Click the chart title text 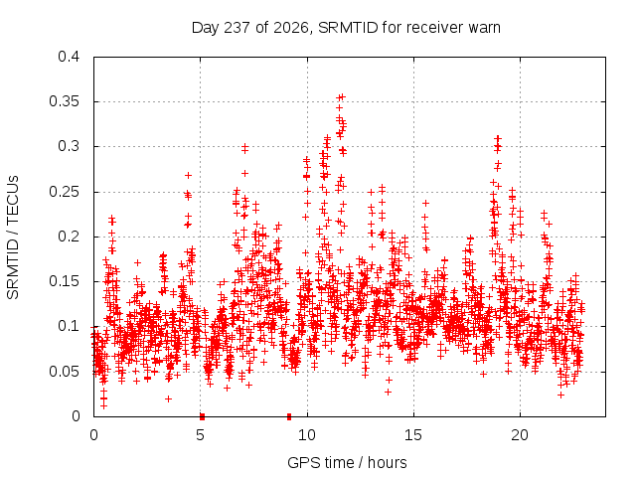(346, 28)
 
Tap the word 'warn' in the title (484, 28)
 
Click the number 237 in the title (238, 28)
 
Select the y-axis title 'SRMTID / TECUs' (13, 238)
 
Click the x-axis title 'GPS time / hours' (347, 462)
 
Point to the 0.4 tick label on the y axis (69, 57)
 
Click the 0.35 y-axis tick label (64, 101)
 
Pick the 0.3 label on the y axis (69, 146)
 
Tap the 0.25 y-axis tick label (64, 191)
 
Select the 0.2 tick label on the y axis (69, 237)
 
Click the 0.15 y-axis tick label (64, 281)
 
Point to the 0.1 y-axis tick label (69, 326)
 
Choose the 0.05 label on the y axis (64, 371)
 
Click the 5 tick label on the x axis (200, 435)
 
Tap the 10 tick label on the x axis (307, 435)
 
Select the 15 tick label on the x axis (413, 435)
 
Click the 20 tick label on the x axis (520, 435)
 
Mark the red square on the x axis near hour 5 (202, 416)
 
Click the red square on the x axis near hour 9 (289, 416)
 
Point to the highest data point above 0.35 (342, 96)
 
